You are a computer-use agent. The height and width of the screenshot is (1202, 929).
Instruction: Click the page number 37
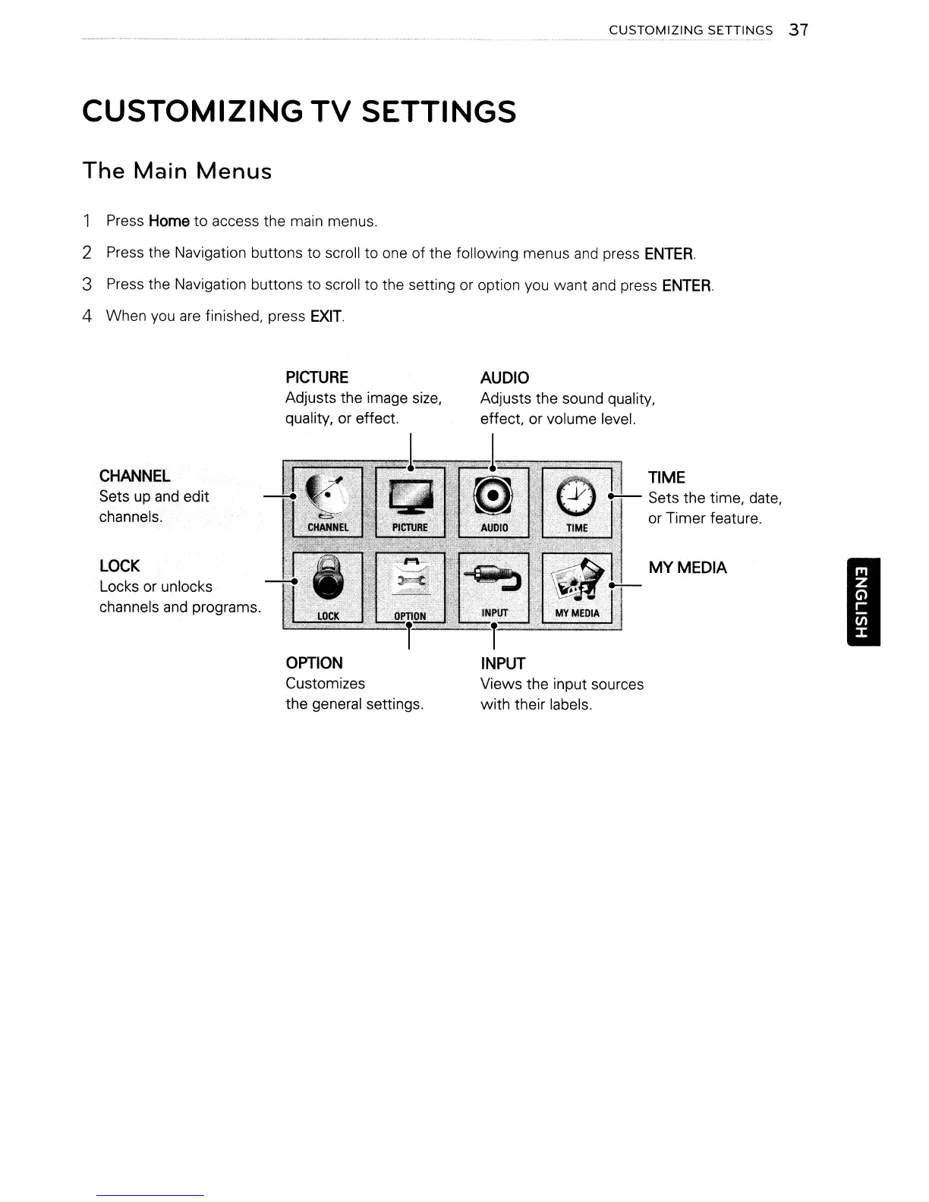tap(798, 30)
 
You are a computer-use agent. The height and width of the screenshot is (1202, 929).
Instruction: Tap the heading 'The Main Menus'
tap(177, 171)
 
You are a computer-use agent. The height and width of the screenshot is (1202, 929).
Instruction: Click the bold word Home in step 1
tap(168, 221)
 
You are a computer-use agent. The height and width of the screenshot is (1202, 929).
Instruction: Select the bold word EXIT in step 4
tap(326, 316)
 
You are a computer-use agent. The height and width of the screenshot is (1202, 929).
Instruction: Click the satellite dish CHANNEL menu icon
tap(327, 502)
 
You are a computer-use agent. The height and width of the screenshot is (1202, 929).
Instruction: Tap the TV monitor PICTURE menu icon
tap(410, 502)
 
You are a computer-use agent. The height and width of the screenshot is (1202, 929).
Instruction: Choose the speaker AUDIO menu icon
tap(493, 502)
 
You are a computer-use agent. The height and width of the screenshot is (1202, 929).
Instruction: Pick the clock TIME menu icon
tap(577, 502)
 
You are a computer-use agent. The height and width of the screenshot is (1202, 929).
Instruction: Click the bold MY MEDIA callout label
tap(687, 568)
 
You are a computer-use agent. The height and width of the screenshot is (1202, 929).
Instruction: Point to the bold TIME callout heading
tap(666, 477)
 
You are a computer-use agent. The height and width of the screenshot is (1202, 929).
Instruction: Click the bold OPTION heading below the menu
tap(314, 662)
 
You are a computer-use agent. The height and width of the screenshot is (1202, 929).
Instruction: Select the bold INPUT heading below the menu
tap(502, 663)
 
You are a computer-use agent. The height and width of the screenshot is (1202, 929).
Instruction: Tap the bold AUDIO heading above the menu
tap(505, 378)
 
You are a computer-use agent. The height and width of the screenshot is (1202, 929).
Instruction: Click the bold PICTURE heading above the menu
tap(316, 377)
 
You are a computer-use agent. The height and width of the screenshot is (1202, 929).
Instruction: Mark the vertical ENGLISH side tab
tap(860, 600)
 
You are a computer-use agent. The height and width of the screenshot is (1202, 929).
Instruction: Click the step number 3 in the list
tap(87, 285)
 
